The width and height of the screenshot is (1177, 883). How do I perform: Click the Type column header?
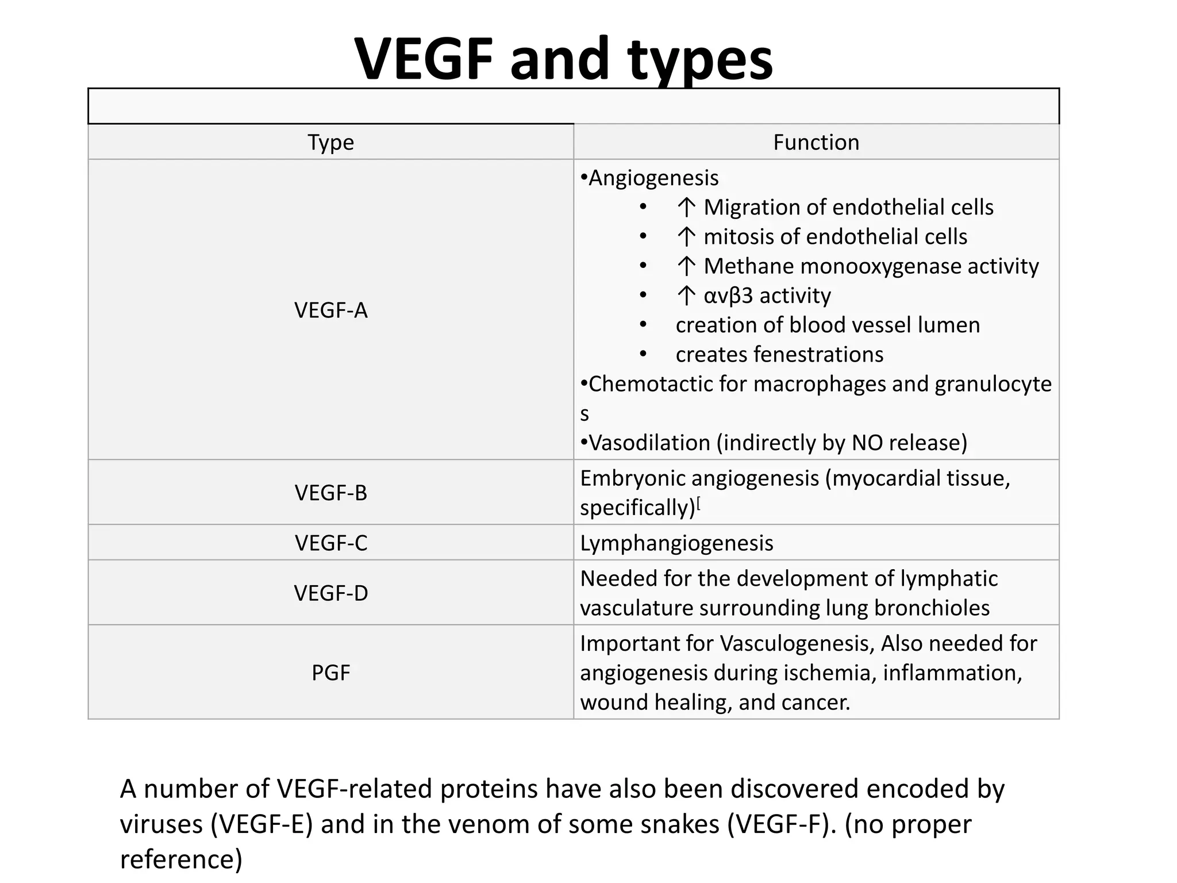pos(330,143)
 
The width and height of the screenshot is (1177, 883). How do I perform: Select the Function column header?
pos(816,143)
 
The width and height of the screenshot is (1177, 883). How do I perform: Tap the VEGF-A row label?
pos(330,310)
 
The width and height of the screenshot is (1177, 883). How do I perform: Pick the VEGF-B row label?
pos(330,493)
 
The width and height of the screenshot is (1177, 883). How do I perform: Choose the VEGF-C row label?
pos(330,543)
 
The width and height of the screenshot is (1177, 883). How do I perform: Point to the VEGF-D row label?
pos(330,593)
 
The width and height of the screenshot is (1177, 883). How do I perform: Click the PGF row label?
pos(330,673)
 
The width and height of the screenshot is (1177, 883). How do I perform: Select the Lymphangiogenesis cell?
pos(676,543)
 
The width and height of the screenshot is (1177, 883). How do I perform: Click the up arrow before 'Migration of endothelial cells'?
pos(686,208)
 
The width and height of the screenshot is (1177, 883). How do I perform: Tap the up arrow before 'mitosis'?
pos(686,237)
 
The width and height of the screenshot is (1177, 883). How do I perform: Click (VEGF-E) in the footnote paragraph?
pos(261,824)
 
